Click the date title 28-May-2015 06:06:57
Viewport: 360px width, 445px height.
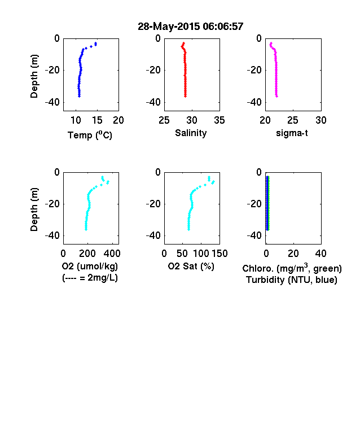click(x=191, y=27)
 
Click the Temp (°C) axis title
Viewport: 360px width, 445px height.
click(x=90, y=135)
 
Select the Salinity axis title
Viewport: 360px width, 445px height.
click(x=191, y=133)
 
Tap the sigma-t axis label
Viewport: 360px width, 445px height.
click(x=292, y=133)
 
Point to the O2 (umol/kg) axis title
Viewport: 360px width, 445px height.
click(x=90, y=266)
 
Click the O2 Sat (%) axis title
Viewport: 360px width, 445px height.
click(x=191, y=266)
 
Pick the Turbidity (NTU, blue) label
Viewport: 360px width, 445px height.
click(x=292, y=280)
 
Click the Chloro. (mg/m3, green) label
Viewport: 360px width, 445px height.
click(x=292, y=268)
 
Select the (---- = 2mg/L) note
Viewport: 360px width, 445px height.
click(x=90, y=277)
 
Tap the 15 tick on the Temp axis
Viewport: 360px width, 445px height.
click(x=97, y=120)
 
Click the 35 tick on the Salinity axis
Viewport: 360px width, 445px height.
click(x=219, y=120)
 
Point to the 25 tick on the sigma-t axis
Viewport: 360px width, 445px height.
click(x=292, y=120)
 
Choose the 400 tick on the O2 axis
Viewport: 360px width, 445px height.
click(x=112, y=254)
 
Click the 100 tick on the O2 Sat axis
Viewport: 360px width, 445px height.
click(x=201, y=254)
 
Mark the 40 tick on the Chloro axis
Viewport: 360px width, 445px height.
click(x=321, y=254)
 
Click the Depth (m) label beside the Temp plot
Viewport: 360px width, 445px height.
click(x=34, y=76)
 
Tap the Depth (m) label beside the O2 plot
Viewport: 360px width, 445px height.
click(x=34, y=210)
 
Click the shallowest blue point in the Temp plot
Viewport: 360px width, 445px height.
click(x=96, y=43)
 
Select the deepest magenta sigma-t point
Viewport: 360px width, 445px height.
click(x=276, y=96)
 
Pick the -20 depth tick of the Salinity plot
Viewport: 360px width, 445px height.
click(x=153, y=70)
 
